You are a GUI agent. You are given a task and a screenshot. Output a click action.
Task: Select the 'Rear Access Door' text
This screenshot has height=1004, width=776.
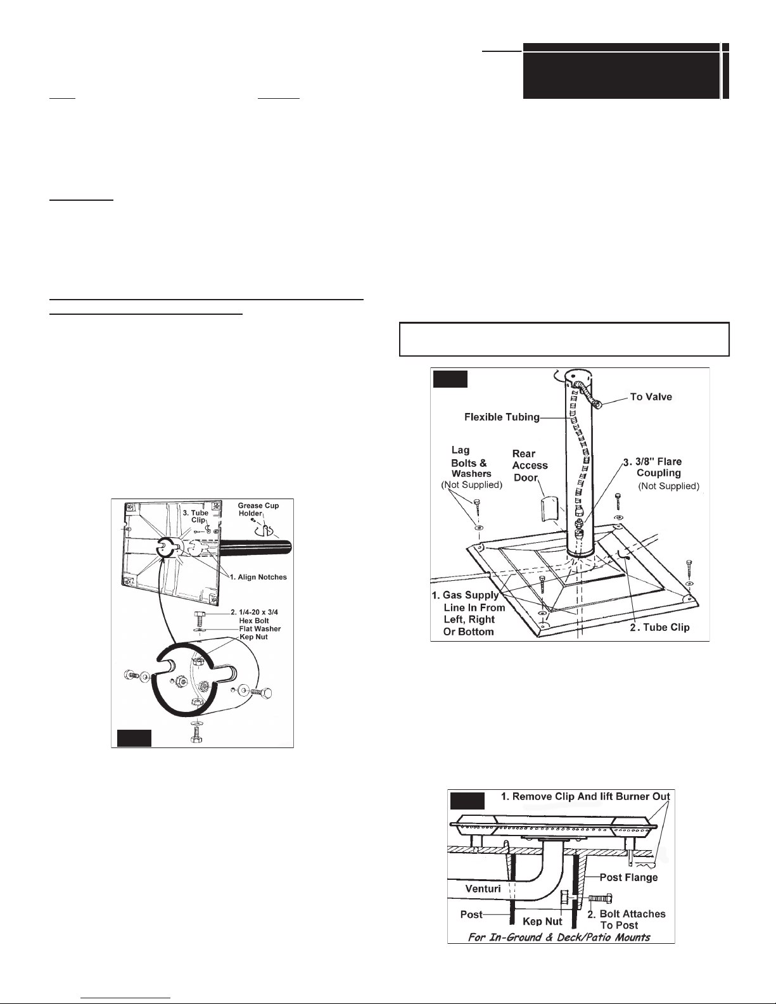coord(530,466)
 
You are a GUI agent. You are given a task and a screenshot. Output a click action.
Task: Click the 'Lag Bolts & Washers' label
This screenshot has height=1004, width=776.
coord(469,462)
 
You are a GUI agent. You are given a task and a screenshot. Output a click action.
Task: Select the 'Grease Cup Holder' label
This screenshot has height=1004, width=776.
coord(258,509)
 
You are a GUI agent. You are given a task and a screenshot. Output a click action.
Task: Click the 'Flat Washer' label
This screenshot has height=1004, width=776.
coord(260,628)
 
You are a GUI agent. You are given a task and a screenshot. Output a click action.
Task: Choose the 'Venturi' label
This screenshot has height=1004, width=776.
coord(483,888)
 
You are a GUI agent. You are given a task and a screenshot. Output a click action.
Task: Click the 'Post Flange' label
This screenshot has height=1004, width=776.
coord(628,877)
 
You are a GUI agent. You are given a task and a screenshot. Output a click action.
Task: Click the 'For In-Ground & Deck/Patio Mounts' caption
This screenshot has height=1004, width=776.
coord(558,937)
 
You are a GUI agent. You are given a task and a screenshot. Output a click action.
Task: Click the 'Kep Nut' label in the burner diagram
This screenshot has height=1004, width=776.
coord(543,921)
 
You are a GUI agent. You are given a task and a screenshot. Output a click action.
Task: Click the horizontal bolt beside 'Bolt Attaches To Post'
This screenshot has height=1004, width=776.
coord(601,898)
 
